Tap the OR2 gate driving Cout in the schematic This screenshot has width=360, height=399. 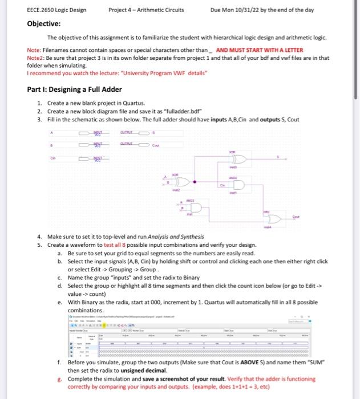[x=273, y=218]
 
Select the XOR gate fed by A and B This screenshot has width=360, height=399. [x=181, y=182]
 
